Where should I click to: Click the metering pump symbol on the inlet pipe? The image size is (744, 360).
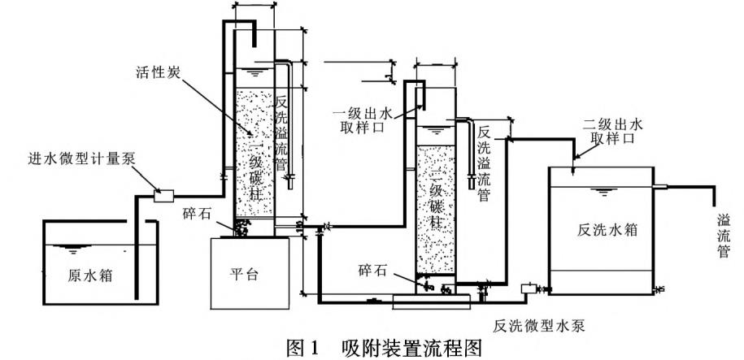(165, 194)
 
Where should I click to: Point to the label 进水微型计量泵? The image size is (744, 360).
(80, 157)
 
